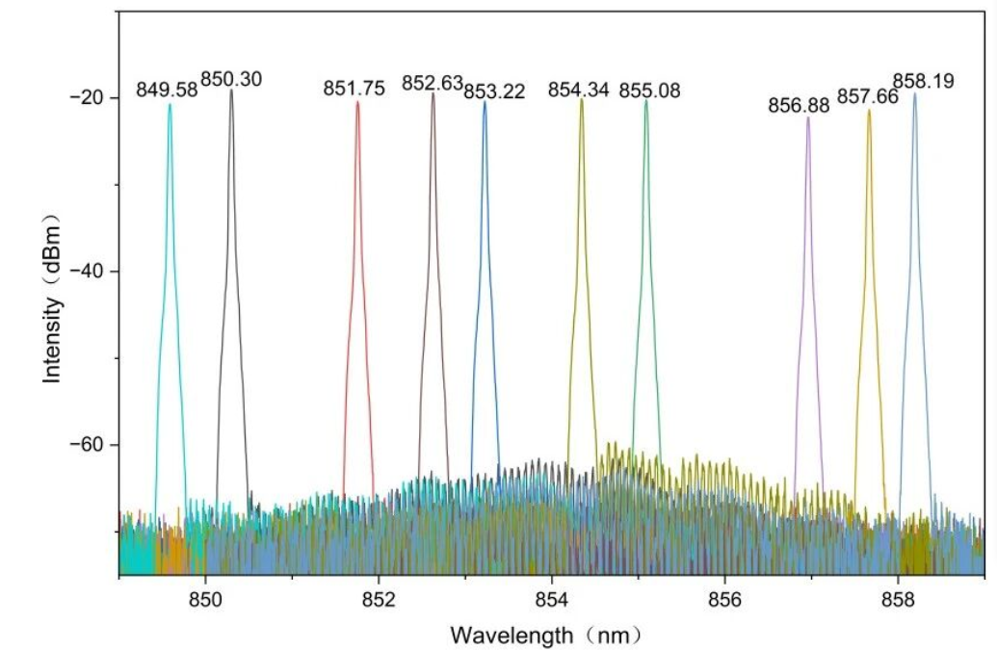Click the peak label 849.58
click(x=167, y=90)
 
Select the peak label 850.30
click(x=231, y=80)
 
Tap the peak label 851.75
click(x=354, y=89)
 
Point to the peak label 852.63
click(x=433, y=83)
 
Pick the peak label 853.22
click(x=494, y=91)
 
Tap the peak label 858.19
click(x=924, y=81)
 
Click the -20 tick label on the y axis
click(x=89, y=98)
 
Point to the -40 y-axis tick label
click(x=89, y=272)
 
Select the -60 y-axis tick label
click(x=89, y=445)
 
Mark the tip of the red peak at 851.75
click(x=358, y=102)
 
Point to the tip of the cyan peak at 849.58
click(x=171, y=104)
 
